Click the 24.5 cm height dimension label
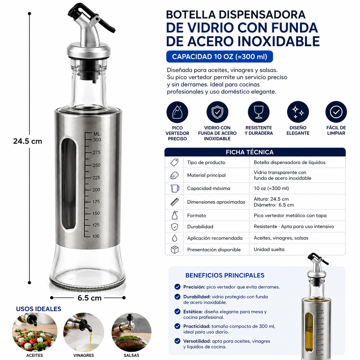tap(28, 141)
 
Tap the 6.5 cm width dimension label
tap(90, 298)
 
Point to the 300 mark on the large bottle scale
tap(97, 140)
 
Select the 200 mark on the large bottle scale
tap(96, 190)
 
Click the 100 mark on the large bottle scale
tap(96, 236)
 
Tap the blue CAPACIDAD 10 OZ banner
tap(220, 57)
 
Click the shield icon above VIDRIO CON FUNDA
tap(217, 112)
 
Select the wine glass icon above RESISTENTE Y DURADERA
tap(259, 112)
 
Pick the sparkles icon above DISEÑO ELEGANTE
tap(298, 112)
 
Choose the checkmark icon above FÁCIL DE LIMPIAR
tap(336, 112)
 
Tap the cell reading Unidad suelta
tap(269, 249)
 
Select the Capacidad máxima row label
tap(208, 188)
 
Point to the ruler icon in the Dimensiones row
tap(175, 202)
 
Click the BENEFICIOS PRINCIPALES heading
tap(225, 275)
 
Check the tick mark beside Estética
tap(177, 311)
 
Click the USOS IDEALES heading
tap(38, 309)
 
